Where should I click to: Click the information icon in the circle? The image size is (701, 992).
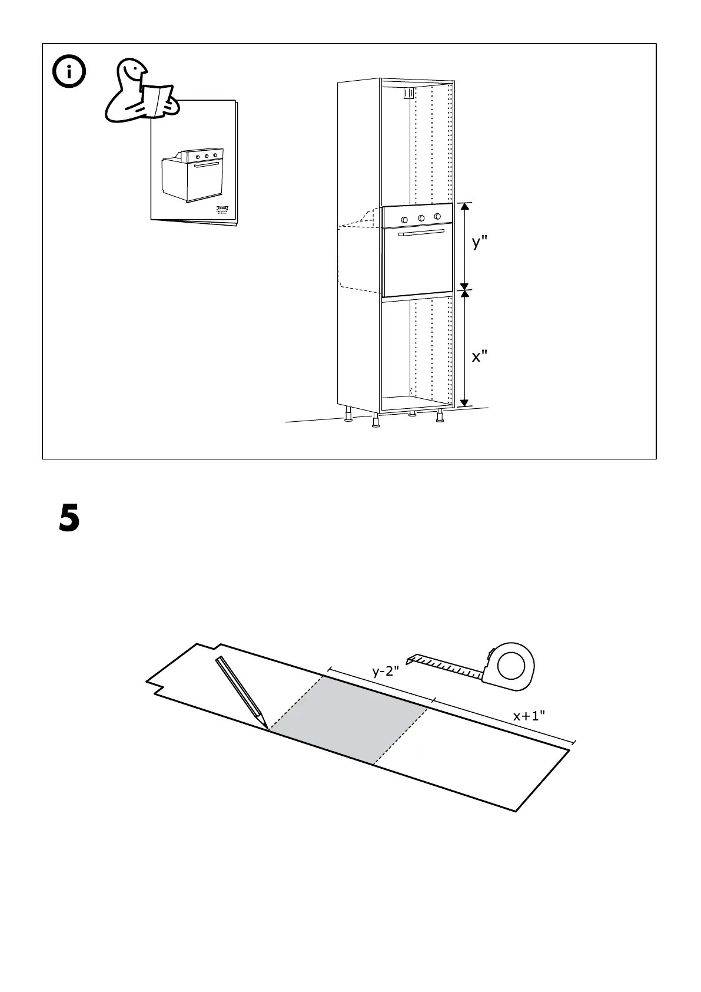[69, 72]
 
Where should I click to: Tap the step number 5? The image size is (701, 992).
[69, 518]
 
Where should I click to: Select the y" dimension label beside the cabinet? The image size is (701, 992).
[480, 242]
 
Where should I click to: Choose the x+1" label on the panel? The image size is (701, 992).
[529, 716]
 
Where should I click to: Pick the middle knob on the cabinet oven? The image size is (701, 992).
[421, 219]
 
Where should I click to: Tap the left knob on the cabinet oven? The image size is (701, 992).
[405, 220]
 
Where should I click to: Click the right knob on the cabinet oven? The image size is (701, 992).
[437, 217]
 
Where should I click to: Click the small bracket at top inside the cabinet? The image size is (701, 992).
[407, 92]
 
